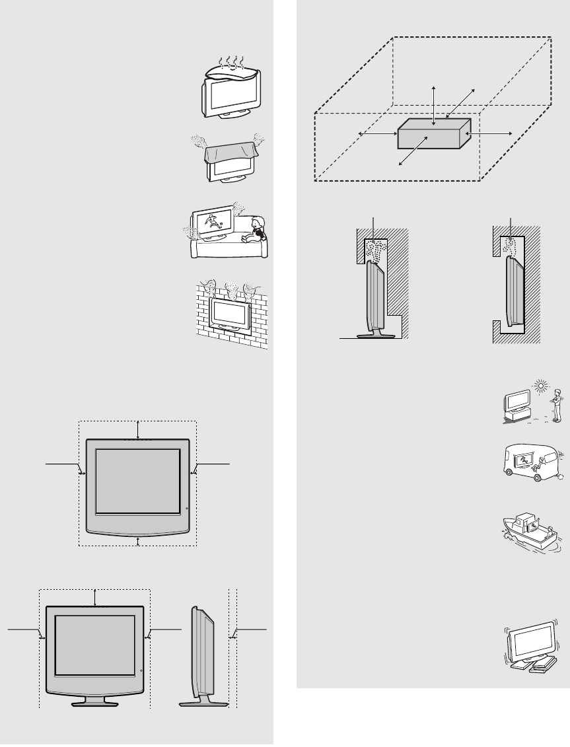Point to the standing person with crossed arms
(558, 405)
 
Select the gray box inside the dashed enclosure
(433, 134)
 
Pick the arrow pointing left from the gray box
(376, 134)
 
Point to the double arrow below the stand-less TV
(137, 541)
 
